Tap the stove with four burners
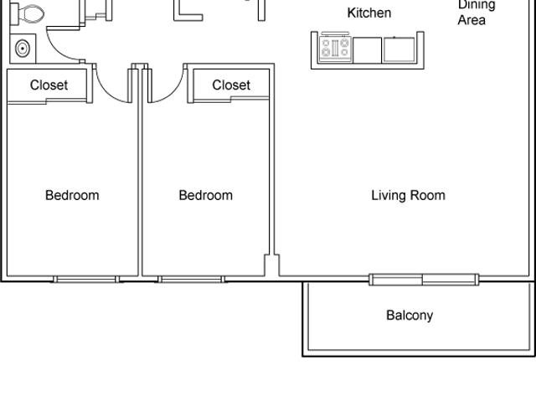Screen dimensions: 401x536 pos(335,49)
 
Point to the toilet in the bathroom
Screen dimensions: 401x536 pos(31,13)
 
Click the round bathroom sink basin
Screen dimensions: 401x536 pos(23,47)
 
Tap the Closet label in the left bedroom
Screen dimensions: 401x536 pos(49,85)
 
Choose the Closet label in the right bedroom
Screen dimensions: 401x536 pos(231,85)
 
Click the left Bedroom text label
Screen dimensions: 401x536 pos(72,195)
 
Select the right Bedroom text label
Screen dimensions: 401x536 pos(206,195)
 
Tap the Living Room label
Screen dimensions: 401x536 pos(408,195)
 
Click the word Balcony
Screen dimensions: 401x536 pos(410,316)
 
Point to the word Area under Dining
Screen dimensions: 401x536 pos(472,20)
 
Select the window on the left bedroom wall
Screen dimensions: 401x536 pos(85,279)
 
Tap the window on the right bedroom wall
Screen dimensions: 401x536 pos(191,279)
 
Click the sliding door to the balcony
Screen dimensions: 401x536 pos(424,279)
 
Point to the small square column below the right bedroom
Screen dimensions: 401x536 pos(271,265)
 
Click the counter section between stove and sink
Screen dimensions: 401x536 pos(366,49)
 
